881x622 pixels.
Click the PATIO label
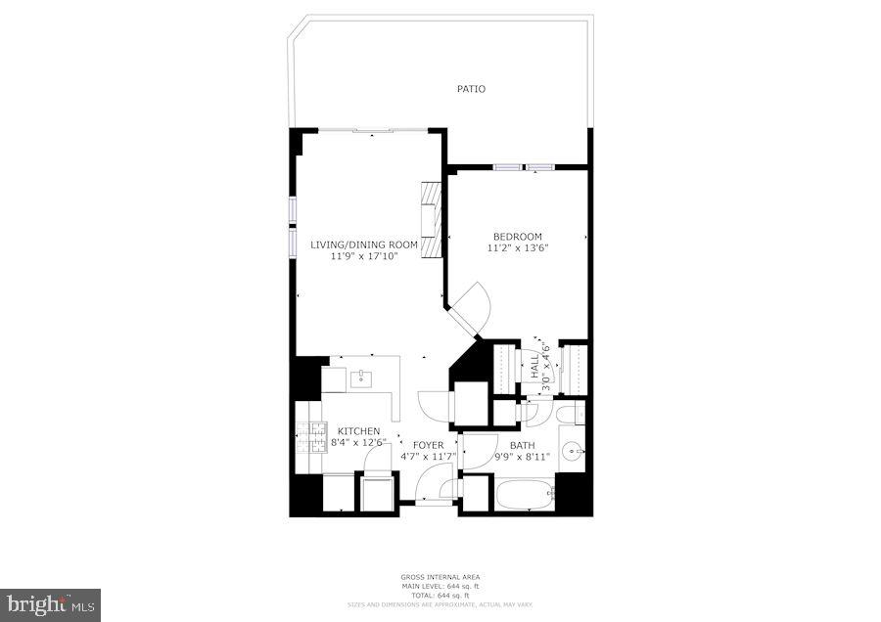[x=471, y=89]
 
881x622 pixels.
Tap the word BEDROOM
[x=517, y=237]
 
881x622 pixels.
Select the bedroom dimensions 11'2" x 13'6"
[x=517, y=248]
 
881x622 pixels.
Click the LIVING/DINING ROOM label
[x=364, y=244]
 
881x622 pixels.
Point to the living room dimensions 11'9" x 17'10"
[x=364, y=256]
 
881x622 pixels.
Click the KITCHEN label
[x=358, y=431]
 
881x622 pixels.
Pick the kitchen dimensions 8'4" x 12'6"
[x=358, y=443]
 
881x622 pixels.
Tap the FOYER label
[x=429, y=445]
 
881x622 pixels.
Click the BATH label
[x=522, y=445]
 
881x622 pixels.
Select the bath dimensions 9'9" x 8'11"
[x=522, y=457]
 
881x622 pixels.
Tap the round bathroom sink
[x=576, y=453]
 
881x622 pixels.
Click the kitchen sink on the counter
[x=361, y=377]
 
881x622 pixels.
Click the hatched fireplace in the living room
[x=430, y=221]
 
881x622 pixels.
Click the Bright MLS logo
[x=50, y=604]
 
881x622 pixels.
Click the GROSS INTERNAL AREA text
[x=440, y=577]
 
